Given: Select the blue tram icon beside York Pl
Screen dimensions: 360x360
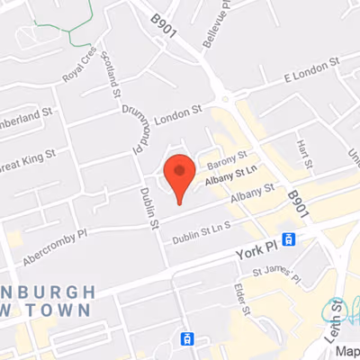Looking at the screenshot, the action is tap(289, 239).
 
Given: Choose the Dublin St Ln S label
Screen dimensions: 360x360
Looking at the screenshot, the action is tap(202, 231).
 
